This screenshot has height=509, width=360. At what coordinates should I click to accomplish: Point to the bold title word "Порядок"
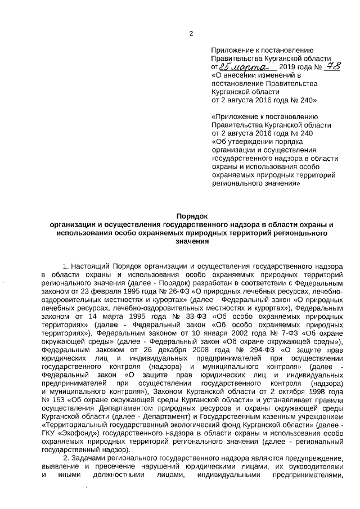coord(192,215)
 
